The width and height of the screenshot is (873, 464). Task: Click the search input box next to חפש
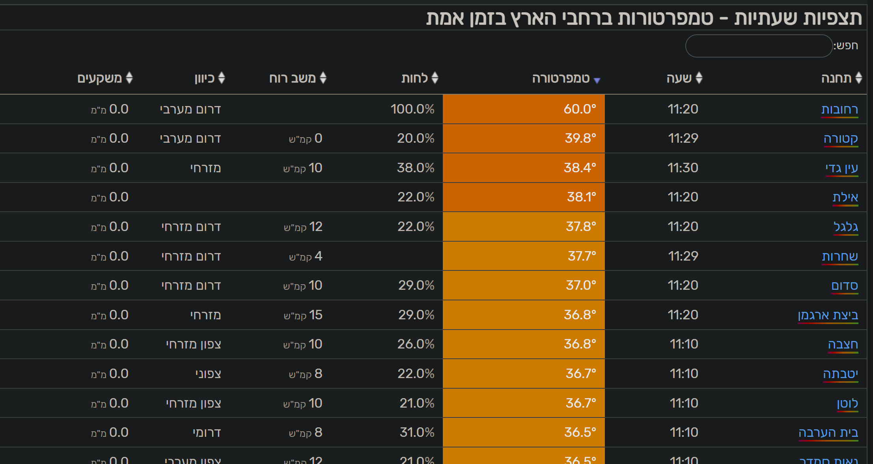point(759,46)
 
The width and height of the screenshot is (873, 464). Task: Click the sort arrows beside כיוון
point(222,78)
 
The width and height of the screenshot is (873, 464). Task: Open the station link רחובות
point(839,109)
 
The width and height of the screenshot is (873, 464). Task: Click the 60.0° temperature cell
point(524,109)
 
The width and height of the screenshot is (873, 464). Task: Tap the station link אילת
point(845,197)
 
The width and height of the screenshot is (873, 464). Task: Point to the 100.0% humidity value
point(412,109)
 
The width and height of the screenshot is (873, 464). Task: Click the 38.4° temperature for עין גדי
point(580,168)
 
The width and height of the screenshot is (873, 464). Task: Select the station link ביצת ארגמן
point(828,315)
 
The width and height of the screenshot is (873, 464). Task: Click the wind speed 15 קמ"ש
point(303,315)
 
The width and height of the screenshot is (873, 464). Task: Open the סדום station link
point(845,285)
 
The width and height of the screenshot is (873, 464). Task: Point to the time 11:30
point(683,168)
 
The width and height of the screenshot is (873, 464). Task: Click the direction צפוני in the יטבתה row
point(208,374)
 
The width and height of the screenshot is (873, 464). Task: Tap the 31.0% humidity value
point(417,432)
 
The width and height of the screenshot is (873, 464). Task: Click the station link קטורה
point(841,139)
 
